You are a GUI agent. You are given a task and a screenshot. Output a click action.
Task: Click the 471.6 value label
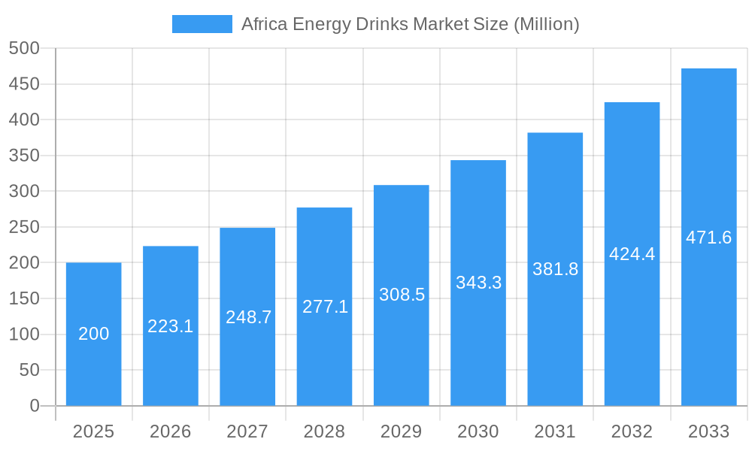708,238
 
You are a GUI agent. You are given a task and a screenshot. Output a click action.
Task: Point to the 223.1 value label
170,326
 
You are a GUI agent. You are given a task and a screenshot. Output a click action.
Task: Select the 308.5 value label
402,295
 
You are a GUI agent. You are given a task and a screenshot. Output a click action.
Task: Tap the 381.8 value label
555,269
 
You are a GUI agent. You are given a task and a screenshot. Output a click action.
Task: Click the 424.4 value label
632,254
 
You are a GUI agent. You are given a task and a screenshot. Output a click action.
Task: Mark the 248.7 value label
247,317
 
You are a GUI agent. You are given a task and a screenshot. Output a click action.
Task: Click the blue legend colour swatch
202,24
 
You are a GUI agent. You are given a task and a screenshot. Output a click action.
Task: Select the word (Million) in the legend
546,24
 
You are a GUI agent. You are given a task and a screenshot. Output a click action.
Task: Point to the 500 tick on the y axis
24,48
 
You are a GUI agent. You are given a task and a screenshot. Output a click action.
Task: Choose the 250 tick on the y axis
24,227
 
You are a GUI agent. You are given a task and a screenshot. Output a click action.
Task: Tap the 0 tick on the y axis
35,406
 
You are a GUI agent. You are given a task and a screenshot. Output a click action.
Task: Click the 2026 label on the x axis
170,431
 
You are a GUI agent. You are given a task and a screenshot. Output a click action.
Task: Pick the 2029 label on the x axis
401,431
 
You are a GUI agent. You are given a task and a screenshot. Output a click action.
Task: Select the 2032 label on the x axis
632,431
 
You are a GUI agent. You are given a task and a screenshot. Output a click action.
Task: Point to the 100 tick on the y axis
24,334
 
